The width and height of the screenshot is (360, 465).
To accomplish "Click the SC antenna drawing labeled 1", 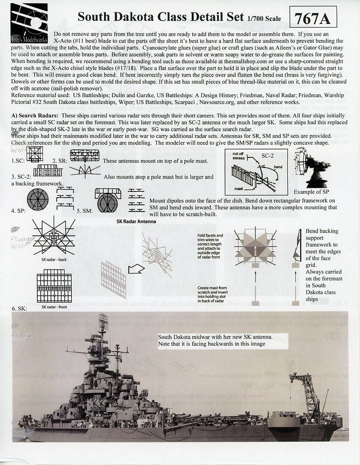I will coord(34,154).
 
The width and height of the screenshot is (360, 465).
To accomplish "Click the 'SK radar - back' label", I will coord(54,259).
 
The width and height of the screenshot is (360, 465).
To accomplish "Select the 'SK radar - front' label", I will coord(54,306).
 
